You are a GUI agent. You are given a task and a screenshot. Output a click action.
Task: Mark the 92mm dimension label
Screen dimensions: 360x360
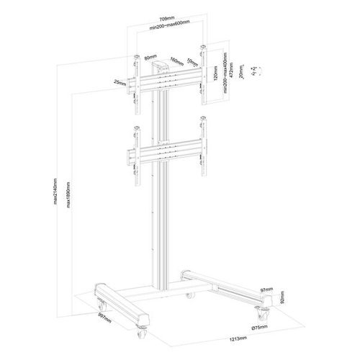tap(283, 298)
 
